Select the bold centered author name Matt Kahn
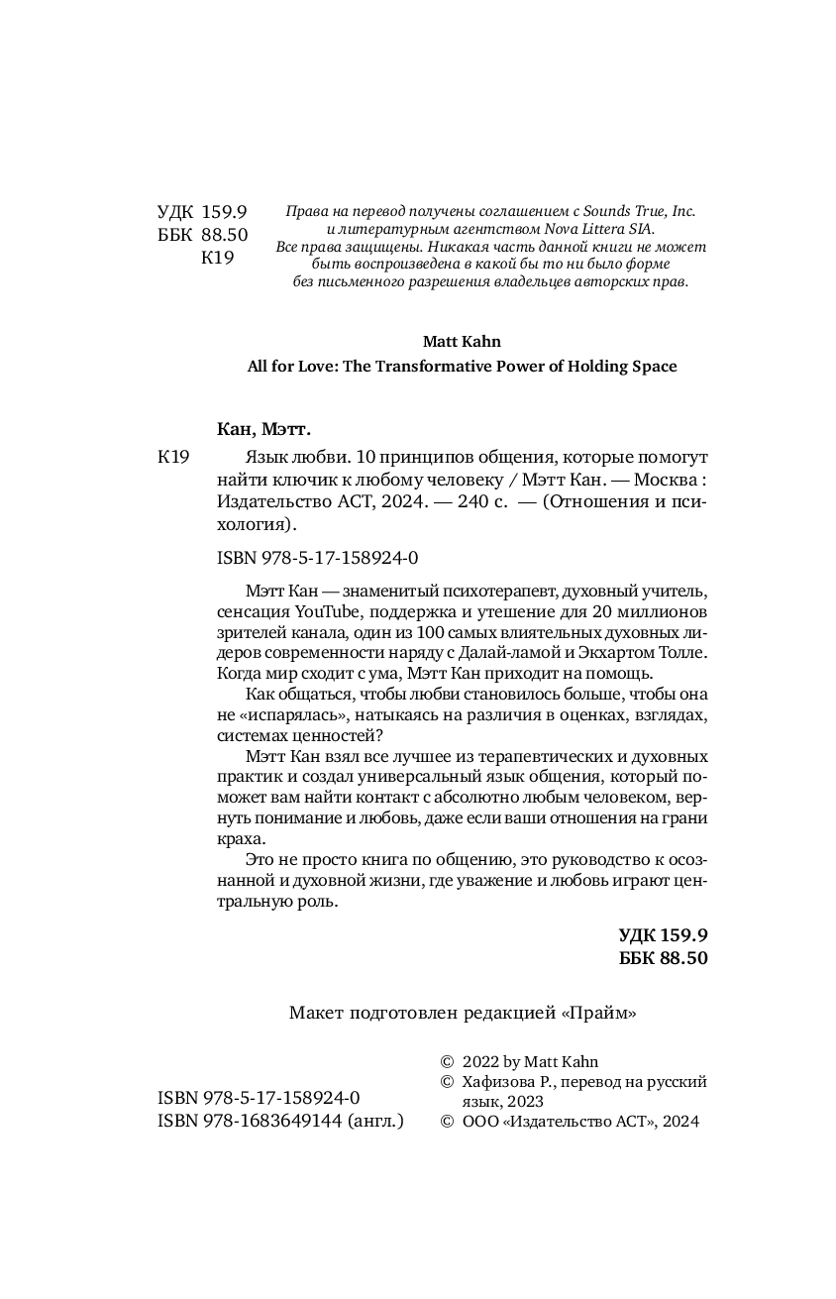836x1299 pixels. [462, 340]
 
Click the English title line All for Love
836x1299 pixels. [462, 367]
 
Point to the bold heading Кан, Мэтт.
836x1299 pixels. [263, 429]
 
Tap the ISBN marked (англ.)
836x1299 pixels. [280, 1121]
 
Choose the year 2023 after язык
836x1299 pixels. [523, 1102]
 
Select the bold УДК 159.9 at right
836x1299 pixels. [663, 934]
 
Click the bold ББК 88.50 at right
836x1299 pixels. [663, 958]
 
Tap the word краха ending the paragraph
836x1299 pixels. [237, 838]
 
